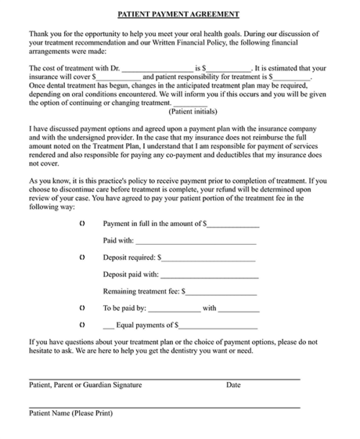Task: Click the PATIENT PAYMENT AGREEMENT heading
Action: point(179,14)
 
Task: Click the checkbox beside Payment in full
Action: point(83,224)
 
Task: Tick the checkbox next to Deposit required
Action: point(83,256)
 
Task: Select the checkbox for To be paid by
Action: point(83,308)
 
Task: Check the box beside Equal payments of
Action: point(83,325)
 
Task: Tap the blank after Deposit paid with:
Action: point(209,275)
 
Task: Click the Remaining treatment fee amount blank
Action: point(222,293)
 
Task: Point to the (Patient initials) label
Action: point(192,112)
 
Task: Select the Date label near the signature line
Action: point(233,385)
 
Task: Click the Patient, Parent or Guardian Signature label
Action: point(86,385)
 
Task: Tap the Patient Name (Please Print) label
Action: point(71,414)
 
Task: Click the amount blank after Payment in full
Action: point(233,225)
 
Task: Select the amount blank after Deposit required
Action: point(209,258)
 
